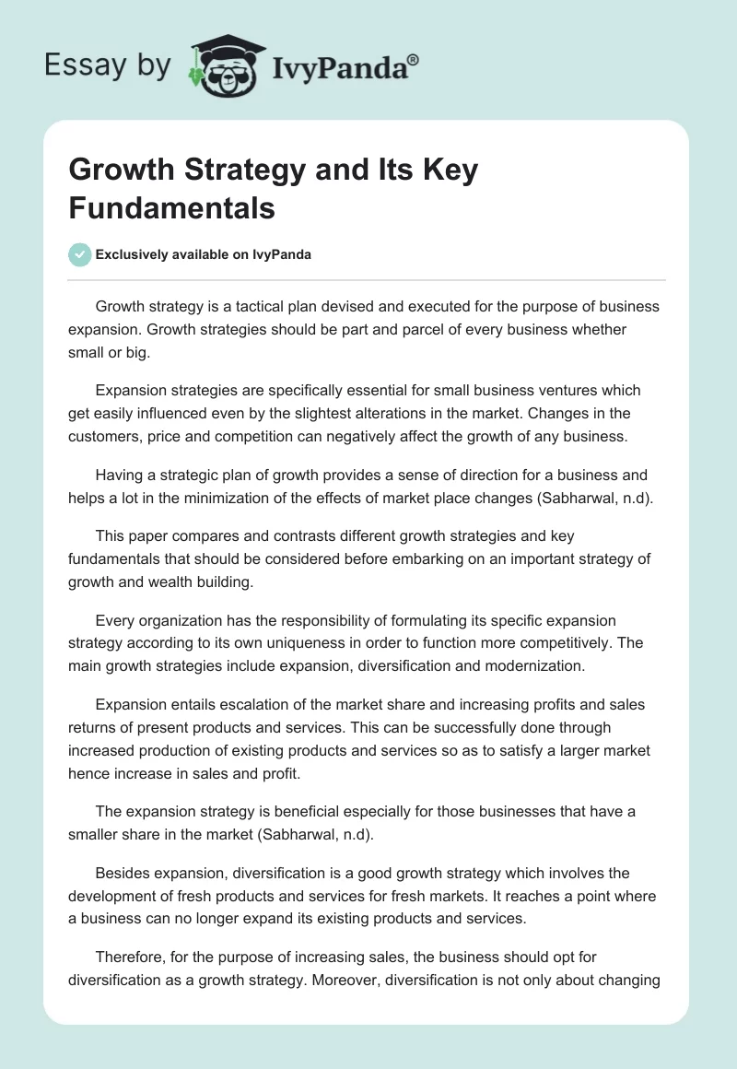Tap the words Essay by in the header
pyautogui.click(x=109, y=65)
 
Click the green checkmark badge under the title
pyautogui.click(x=80, y=254)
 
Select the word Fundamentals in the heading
pyautogui.click(x=172, y=207)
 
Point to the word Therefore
pyautogui.click(x=134, y=958)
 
